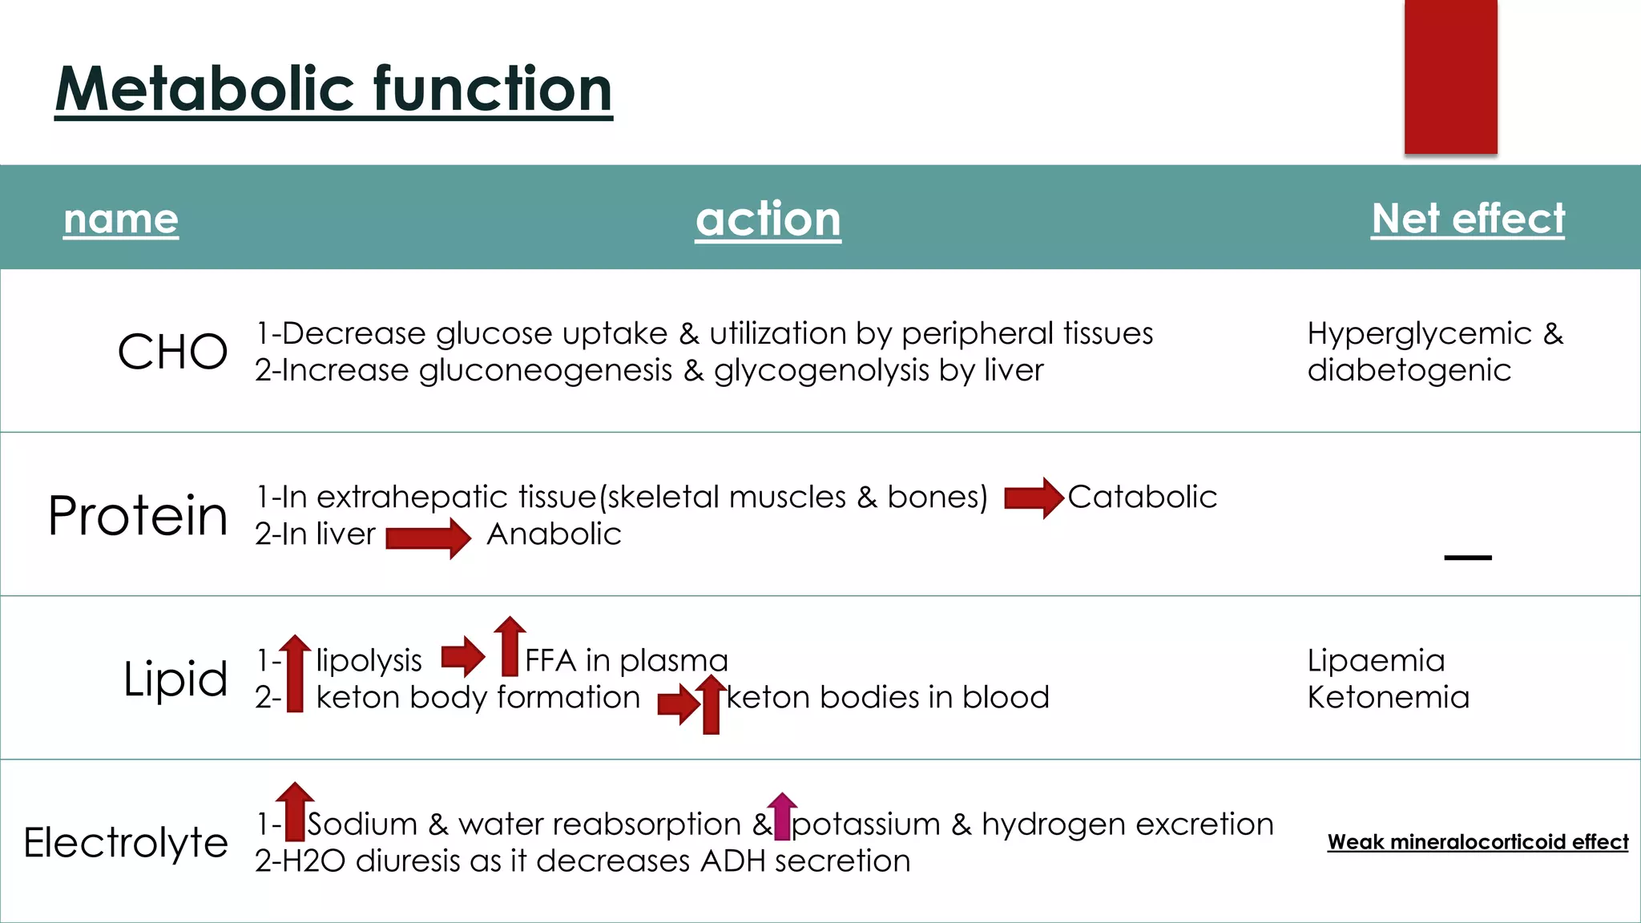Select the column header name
(x=121, y=219)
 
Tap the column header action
(x=768, y=219)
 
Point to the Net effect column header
(x=1467, y=219)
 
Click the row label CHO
(x=172, y=352)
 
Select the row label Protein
(x=138, y=515)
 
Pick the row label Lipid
(x=175, y=679)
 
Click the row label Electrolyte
(x=126, y=842)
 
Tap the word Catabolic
(x=1142, y=497)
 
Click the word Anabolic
(x=554, y=534)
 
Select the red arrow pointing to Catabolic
(x=1034, y=498)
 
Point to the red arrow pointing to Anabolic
(x=428, y=538)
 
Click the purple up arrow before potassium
(x=782, y=816)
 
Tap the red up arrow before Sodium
(x=295, y=811)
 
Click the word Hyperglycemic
(x=1419, y=333)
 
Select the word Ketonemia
(x=1388, y=697)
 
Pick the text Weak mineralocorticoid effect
(x=1478, y=842)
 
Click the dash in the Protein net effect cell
(x=1467, y=558)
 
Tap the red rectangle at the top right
(x=1450, y=76)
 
